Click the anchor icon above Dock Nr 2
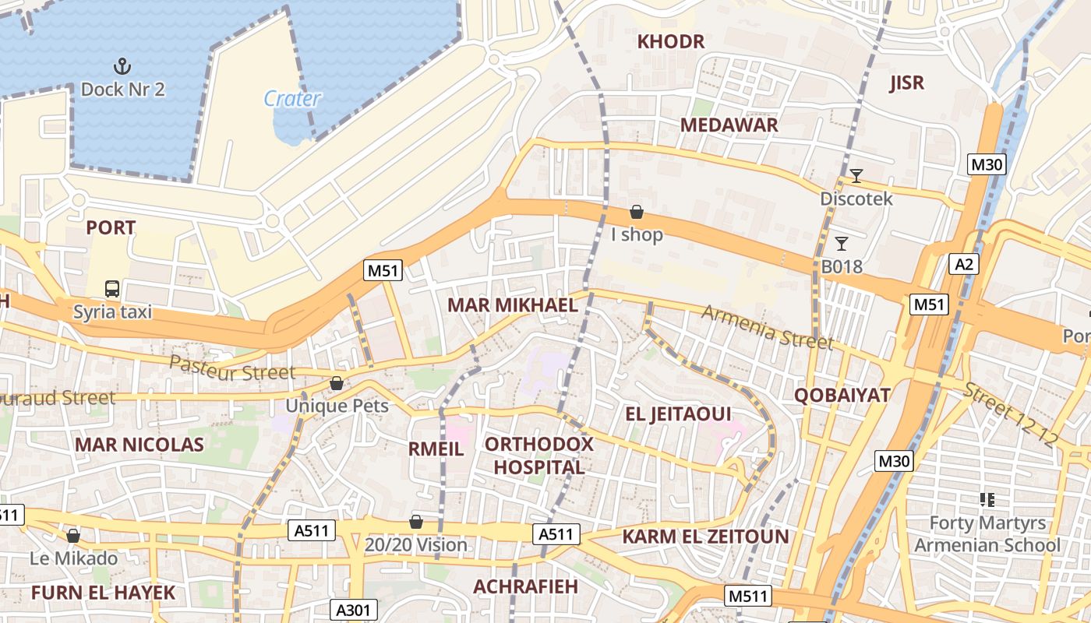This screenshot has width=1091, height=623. pyautogui.click(x=122, y=65)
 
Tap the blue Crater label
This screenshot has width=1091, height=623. pyautogui.click(x=292, y=99)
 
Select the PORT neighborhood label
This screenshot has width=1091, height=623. pyautogui.click(x=111, y=228)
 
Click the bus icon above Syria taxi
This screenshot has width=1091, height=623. pyautogui.click(x=112, y=289)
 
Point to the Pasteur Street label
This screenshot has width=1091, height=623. pyautogui.click(x=232, y=368)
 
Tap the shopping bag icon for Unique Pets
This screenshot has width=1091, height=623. pyautogui.click(x=337, y=383)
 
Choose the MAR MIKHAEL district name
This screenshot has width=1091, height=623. pyautogui.click(x=512, y=305)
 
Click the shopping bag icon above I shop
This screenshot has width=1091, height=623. pyautogui.click(x=637, y=212)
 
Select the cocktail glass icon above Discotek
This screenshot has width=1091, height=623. pyautogui.click(x=856, y=176)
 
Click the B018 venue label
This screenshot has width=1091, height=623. pyautogui.click(x=842, y=267)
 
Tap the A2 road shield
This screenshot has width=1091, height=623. pyautogui.click(x=964, y=264)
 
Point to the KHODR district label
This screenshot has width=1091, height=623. pyautogui.click(x=671, y=42)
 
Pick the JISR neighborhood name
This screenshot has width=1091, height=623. pyautogui.click(x=906, y=83)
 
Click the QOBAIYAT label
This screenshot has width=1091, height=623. pyautogui.click(x=842, y=395)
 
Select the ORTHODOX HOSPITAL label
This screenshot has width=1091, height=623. pyautogui.click(x=539, y=456)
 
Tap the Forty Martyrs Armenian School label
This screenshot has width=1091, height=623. pyautogui.click(x=987, y=533)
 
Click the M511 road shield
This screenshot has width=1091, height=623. pyautogui.click(x=748, y=597)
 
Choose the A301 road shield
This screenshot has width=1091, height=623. pyautogui.click(x=355, y=610)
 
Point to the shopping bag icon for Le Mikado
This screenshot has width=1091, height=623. pyautogui.click(x=73, y=536)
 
